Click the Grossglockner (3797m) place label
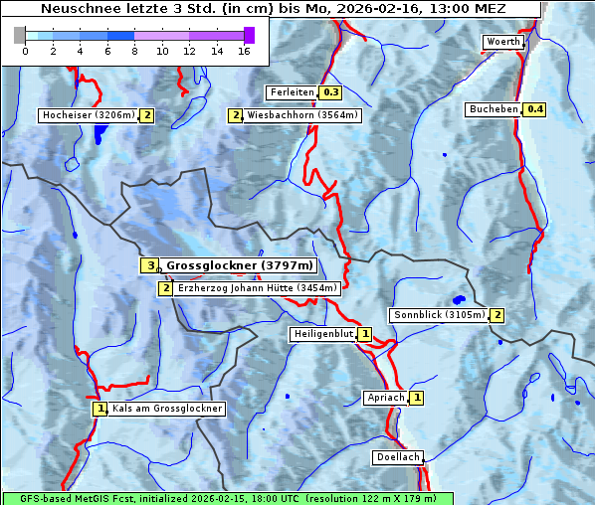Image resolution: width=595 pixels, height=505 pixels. click(x=240, y=265)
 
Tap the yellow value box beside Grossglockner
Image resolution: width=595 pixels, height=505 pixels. click(x=149, y=265)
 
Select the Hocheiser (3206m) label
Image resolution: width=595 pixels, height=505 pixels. click(x=88, y=115)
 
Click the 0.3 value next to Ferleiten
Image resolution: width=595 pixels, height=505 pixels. click(x=330, y=92)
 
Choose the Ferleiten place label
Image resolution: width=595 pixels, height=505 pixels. click(x=292, y=92)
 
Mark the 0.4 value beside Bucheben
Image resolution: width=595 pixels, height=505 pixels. click(x=534, y=109)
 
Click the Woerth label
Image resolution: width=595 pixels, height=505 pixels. click(x=501, y=42)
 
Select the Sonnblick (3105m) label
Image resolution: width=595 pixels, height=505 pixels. click(x=439, y=315)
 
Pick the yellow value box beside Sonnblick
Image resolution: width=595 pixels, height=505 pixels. click(x=496, y=315)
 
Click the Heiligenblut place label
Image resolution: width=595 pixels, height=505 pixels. click(x=322, y=334)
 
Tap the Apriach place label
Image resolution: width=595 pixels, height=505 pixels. click(x=385, y=398)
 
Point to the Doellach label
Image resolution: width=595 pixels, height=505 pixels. click(x=397, y=457)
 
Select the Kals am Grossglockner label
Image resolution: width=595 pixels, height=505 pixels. click(x=167, y=409)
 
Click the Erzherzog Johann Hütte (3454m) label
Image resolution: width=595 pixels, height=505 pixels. click(x=258, y=288)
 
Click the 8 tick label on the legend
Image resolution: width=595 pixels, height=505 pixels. click(x=134, y=51)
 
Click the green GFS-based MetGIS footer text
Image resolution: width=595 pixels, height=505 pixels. click(x=227, y=498)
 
